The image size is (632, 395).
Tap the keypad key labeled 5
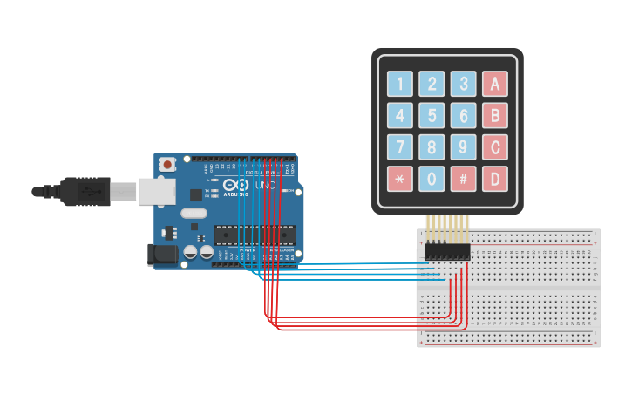432,115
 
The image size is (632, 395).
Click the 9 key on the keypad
464,146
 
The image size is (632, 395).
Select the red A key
495,84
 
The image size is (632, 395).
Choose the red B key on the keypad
495,115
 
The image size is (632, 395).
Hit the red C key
495,146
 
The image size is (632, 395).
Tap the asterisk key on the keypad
400,179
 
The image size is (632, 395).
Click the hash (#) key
464,179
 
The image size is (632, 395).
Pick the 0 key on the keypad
432,179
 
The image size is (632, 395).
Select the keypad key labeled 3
464,84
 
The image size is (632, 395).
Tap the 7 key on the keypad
400,146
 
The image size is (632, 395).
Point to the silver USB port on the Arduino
155,191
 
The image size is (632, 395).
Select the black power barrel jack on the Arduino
162,254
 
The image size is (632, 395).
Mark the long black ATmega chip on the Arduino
255,235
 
